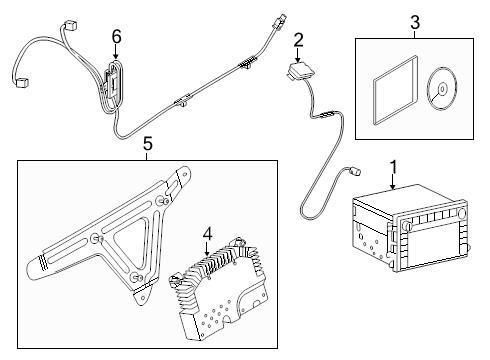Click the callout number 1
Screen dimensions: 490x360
[x=394, y=167]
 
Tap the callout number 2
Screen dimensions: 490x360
[x=298, y=40]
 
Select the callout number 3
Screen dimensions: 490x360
[x=415, y=23]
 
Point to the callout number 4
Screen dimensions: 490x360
[x=207, y=234]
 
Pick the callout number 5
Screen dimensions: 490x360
[x=147, y=144]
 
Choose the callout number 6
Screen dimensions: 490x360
[x=116, y=37]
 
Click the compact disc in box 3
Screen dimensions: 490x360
[x=442, y=89]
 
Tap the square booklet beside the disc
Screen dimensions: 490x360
[x=395, y=91]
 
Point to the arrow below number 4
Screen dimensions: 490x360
[x=207, y=249]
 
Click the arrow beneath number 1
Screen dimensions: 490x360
[x=393, y=182]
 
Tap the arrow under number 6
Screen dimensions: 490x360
[x=116, y=52]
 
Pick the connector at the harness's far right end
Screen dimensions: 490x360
[x=280, y=20]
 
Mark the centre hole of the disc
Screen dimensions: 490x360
[x=442, y=89]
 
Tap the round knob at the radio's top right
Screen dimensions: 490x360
[x=461, y=212]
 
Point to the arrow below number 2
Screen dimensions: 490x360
[x=297, y=55]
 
